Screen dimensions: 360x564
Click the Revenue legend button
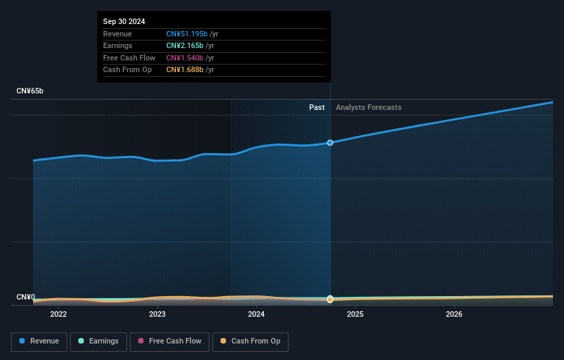pos(39,341)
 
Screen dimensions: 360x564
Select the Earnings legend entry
pos(98,341)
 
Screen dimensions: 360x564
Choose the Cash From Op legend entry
pos(251,341)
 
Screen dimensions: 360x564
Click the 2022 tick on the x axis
pos(58,315)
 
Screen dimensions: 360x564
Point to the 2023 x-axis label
pos(157,315)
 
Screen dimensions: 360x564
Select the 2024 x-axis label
pos(256,315)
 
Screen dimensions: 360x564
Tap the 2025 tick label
pos(355,315)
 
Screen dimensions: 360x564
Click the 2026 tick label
pos(454,315)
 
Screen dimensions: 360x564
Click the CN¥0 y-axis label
pos(25,297)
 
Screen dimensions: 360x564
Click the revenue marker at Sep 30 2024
pos(330,143)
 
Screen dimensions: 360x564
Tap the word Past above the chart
pos(317,108)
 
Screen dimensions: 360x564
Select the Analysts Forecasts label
pos(368,108)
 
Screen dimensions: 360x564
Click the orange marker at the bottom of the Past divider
pos(330,300)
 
